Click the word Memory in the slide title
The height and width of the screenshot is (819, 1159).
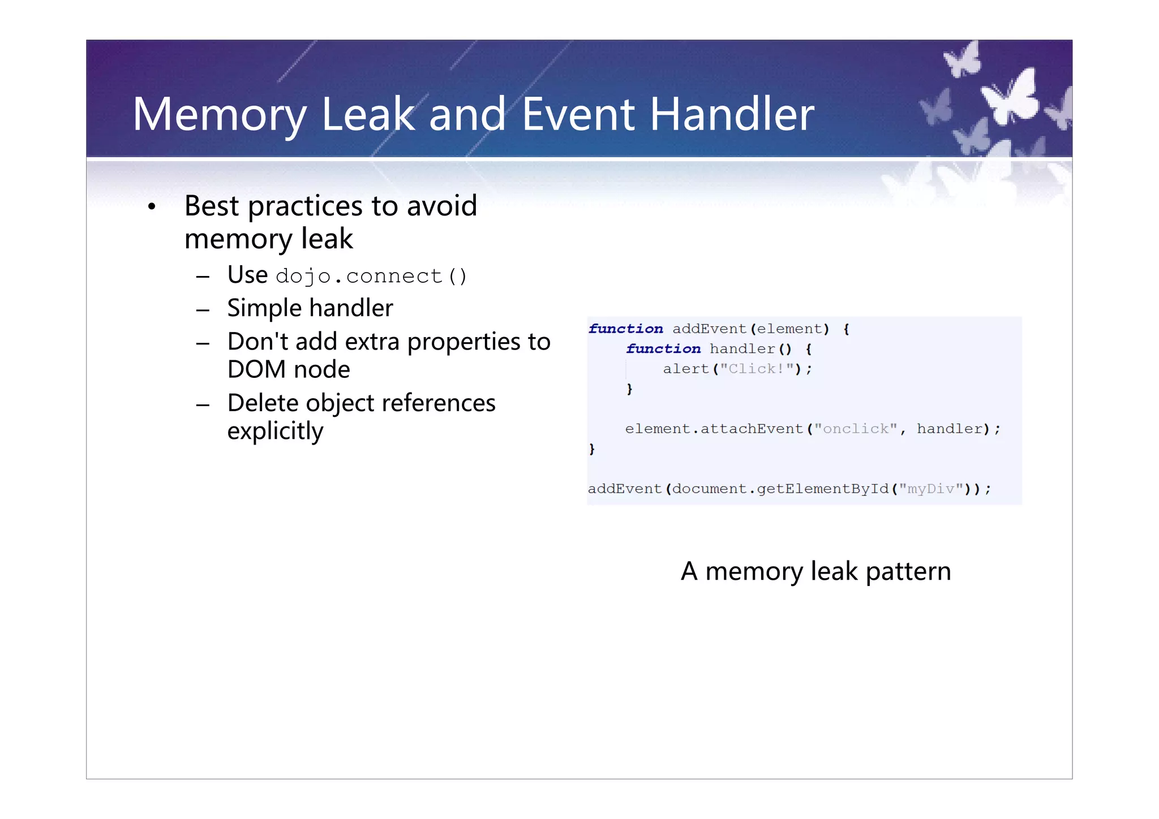[x=220, y=115]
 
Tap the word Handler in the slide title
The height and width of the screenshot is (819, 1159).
[x=731, y=115]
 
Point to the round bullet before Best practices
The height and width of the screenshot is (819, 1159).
[x=151, y=207]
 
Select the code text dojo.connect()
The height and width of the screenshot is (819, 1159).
[x=371, y=277]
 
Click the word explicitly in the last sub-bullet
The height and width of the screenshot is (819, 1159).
[x=275, y=432]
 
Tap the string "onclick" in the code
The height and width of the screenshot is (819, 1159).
[x=855, y=429]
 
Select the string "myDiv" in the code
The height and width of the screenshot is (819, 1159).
[x=930, y=489]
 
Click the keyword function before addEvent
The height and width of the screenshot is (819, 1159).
[x=625, y=329]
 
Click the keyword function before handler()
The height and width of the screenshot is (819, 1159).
[x=663, y=349]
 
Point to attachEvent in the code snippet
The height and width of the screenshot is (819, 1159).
[x=752, y=429]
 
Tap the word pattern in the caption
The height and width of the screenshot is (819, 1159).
[x=908, y=572]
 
